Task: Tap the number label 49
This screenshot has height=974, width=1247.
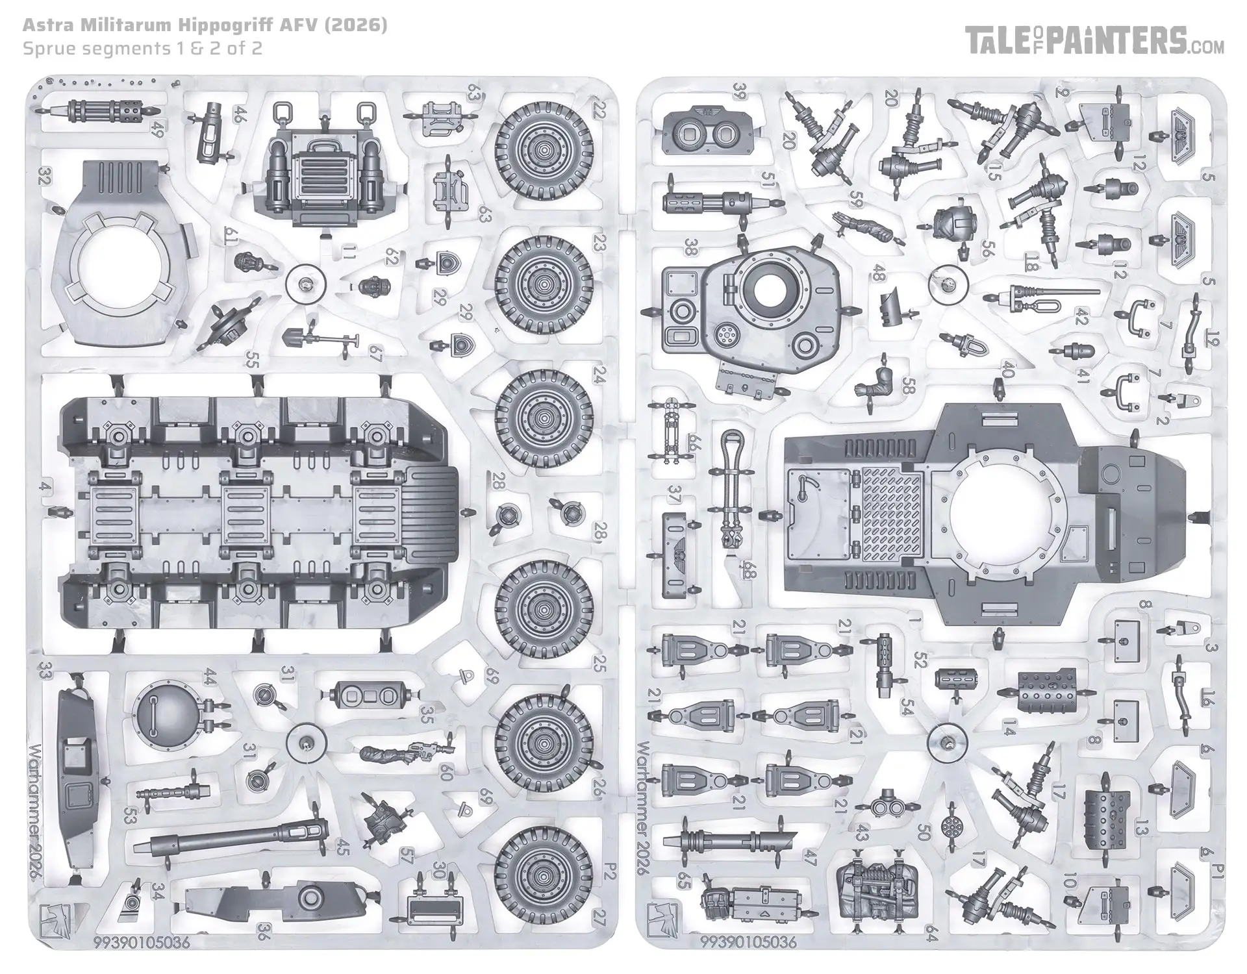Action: click(156, 131)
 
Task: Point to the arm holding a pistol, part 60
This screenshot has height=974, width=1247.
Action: click(396, 753)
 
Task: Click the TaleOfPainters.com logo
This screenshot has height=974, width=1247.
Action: click(1094, 40)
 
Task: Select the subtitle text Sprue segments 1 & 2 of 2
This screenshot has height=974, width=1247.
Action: click(142, 49)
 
